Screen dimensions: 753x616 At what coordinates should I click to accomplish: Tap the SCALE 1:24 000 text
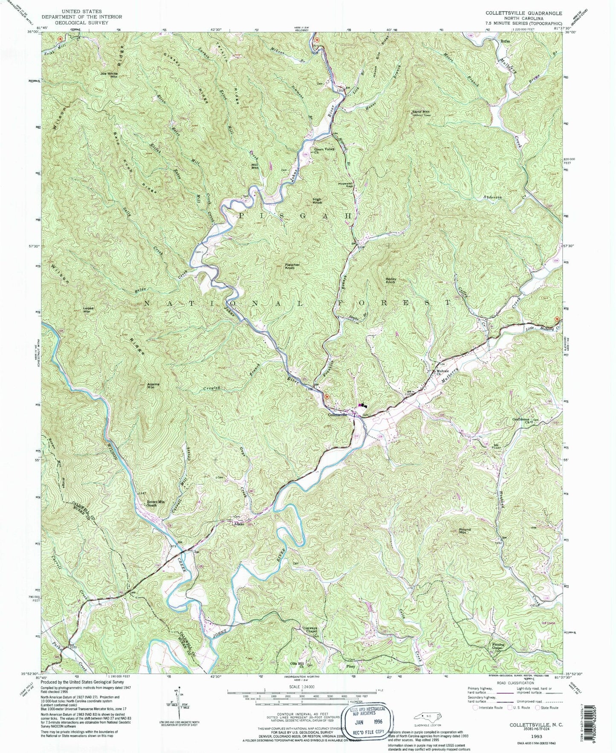tap(302, 687)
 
